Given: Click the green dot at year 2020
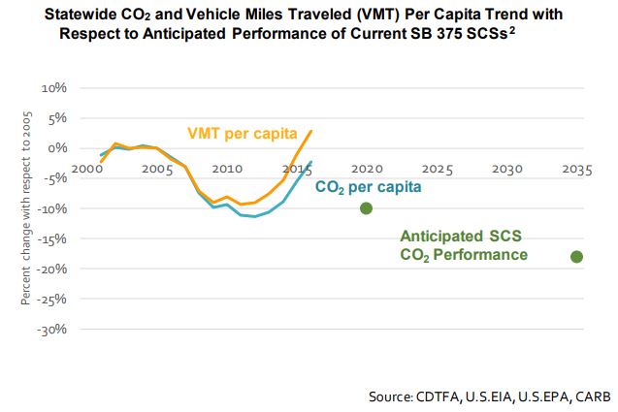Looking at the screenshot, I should [366, 208].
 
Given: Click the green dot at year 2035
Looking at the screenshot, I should [576, 257].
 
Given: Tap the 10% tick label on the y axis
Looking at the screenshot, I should [52, 87].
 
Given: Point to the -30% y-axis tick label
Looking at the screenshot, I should [50, 329].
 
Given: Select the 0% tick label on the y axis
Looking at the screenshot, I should [56, 148].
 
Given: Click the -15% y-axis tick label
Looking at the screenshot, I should [50, 238].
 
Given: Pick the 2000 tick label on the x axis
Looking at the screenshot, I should [88, 169].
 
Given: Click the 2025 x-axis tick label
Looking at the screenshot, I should [437, 169].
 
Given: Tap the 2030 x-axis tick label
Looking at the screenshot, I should [506, 169].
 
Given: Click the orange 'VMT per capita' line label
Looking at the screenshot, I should [242, 133].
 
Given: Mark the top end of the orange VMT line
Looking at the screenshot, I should [311, 130].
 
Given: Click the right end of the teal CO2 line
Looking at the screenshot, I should [311, 162].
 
